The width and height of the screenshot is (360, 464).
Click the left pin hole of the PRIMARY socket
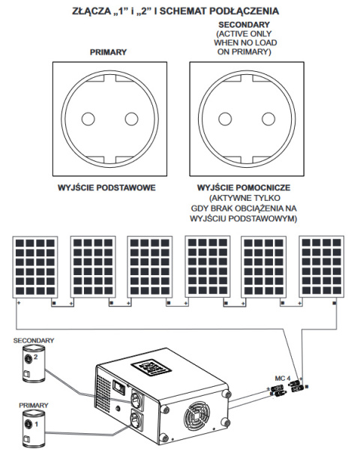point(88,119)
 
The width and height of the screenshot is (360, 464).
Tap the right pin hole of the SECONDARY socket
point(268,119)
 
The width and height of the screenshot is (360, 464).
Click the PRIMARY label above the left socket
point(108,52)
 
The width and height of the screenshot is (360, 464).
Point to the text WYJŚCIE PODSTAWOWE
point(106,187)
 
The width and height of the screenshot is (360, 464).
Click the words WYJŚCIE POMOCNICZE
point(244,187)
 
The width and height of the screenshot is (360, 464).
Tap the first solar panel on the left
point(35,267)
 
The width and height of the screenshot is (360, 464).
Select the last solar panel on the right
point(322,267)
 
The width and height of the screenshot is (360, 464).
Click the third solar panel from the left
point(150,267)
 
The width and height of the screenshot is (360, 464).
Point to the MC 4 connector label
point(283,379)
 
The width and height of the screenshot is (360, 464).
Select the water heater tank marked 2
point(33,363)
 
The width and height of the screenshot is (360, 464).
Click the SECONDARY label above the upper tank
point(34,340)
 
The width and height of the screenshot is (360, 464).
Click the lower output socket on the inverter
point(136,421)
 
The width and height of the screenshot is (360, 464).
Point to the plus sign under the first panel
point(19,303)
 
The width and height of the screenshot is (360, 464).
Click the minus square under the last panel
point(334,303)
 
